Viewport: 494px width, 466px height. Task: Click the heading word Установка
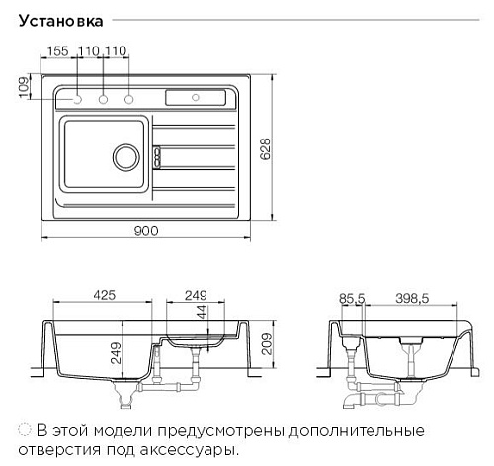pyautogui.click(x=61, y=21)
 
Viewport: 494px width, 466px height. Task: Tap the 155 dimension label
pyautogui.click(x=58, y=51)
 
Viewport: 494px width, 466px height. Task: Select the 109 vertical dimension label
pyautogui.click(x=24, y=87)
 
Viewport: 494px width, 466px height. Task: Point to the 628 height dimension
pyautogui.click(x=265, y=149)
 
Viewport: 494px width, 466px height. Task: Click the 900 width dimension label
pyautogui.click(x=146, y=231)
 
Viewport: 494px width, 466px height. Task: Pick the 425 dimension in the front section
pyautogui.click(x=104, y=295)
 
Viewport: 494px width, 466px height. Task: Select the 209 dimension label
pyautogui.click(x=266, y=344)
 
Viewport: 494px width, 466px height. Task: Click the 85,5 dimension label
pyautogui.click(x=352, y=299)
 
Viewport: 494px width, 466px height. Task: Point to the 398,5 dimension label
pyautogui.click(x=412, y=299)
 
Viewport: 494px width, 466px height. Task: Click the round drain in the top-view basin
pyautogui.click(x=126, y=157)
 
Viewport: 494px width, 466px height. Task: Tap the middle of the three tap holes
pyautogui.click(x=103, y=99)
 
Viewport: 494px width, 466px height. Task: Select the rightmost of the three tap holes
pyautogui.click(x=129, y=99)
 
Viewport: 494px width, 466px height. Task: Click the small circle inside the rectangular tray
pyautogui.click(x=196, y=98)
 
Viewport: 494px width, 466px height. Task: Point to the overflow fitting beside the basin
pyautogui.click(x=157, y=157)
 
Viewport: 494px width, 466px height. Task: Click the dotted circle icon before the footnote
pyautogui.click(x=25, y=430)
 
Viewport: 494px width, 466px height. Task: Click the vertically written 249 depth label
pyautogui.click(x=116, y=353)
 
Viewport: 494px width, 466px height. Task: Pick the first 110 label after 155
pyautogui.click(x=88, y=51)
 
